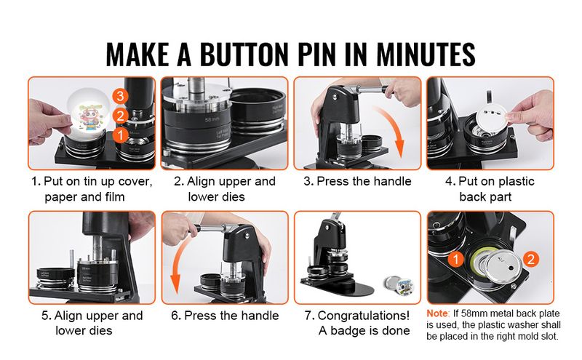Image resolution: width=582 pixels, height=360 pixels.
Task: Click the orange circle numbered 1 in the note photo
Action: click(455, 258)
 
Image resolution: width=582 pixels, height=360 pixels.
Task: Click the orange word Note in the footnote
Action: click(440, 313)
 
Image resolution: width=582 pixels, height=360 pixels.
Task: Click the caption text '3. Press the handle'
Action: click(357, 181)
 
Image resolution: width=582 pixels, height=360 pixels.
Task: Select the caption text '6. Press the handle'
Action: click(225, 316)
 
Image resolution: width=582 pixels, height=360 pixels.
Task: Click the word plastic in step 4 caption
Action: click(512, 181)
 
